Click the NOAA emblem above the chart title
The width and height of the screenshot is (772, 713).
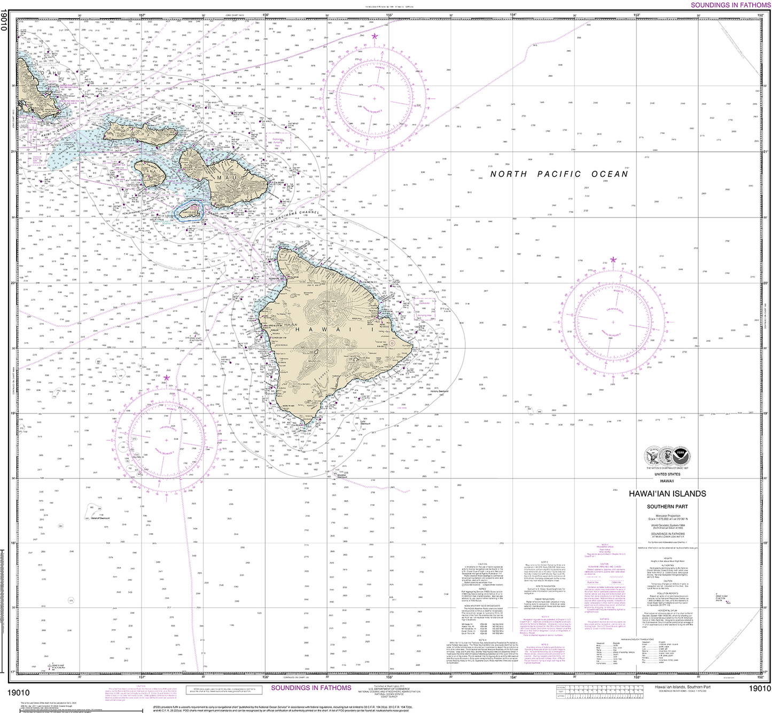(x=681, y=457)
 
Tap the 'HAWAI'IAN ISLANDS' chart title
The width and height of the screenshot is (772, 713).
(x=667, y=494)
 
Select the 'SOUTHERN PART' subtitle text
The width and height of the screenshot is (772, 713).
(x=667, y=506)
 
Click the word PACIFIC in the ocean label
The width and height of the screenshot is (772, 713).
(x=559, y=174)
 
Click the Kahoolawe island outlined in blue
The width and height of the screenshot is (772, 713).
(x=190, y=213)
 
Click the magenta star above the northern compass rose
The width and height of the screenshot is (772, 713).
(x=375, y=36)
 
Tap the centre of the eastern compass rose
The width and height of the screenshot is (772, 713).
(x=613, y=322)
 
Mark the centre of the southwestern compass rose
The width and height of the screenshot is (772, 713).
(x=167, y=440)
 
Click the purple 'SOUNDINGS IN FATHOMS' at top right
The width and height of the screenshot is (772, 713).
(x=730, y=5)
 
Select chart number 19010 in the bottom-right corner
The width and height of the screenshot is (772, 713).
(x=760, y=689)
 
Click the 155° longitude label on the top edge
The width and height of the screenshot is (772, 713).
(x=389, y=15)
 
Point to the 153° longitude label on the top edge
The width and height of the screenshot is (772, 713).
(x=637, y=15)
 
